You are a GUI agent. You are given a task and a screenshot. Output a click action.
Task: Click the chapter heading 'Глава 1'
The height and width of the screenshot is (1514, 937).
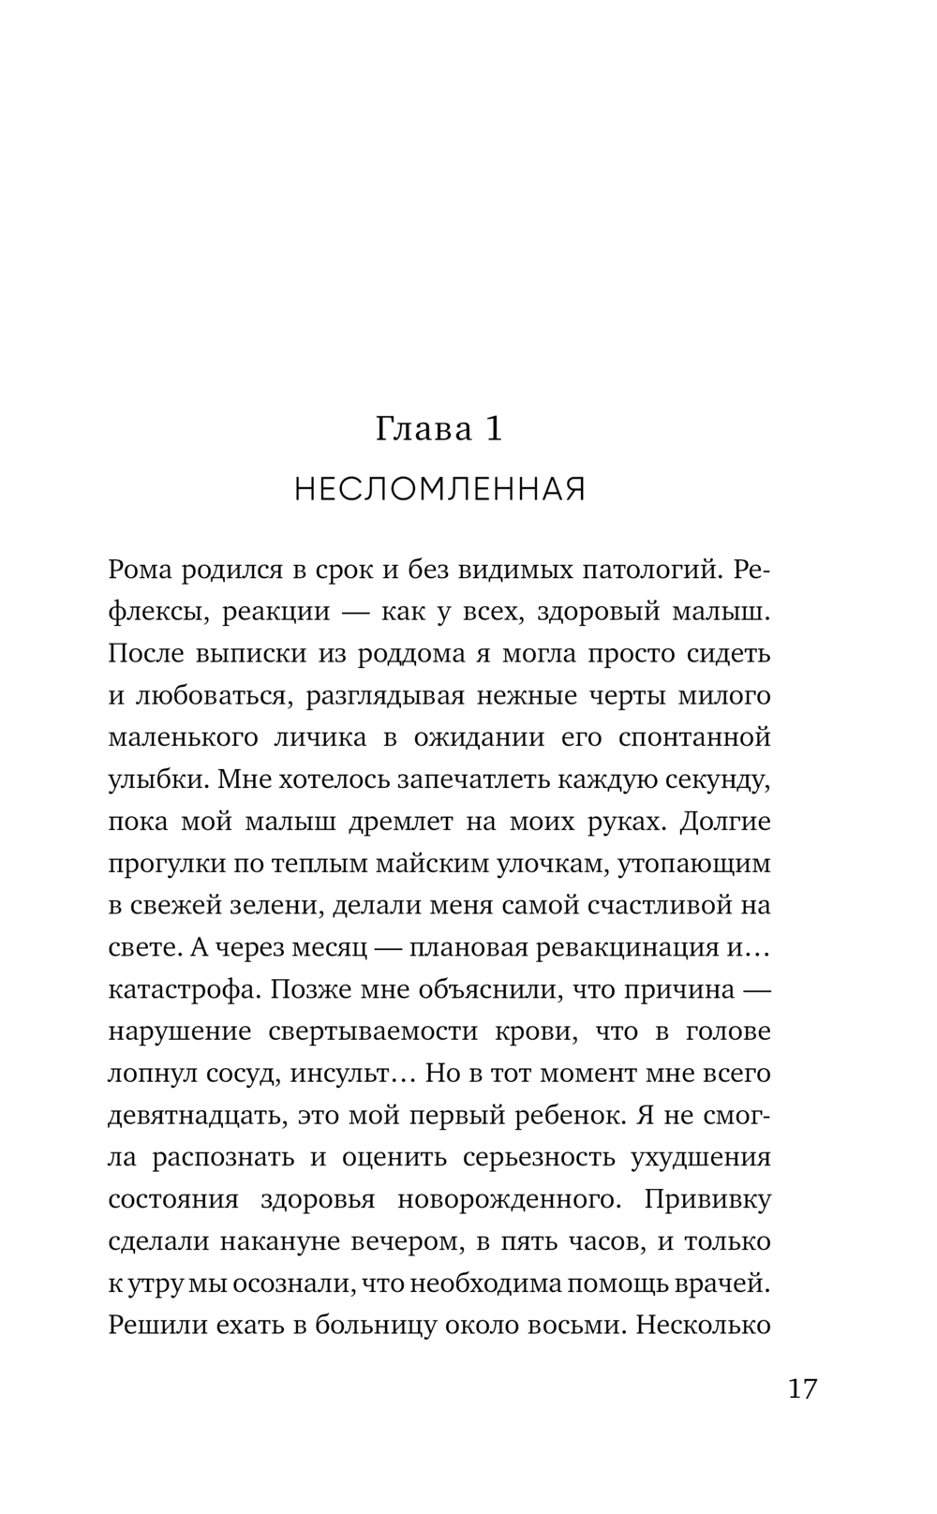pos(439,429)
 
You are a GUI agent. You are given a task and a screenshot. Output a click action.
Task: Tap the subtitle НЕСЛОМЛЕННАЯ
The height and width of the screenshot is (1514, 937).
pos(439,489)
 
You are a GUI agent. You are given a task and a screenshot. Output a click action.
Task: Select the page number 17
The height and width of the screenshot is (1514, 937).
pos(802,1388)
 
